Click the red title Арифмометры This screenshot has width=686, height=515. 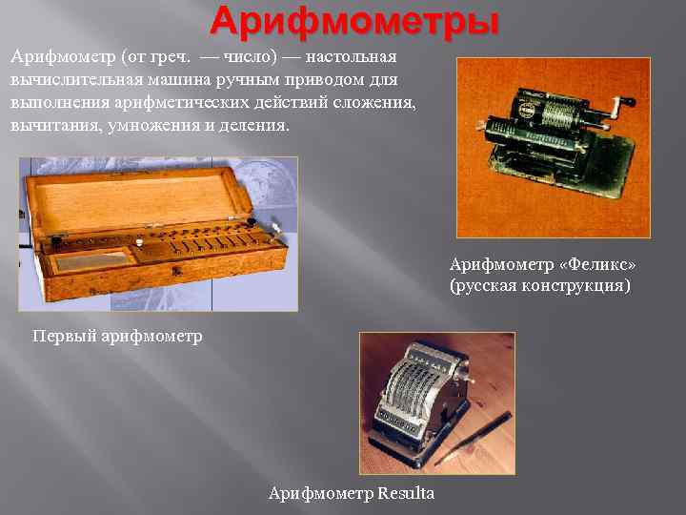(x=354, y=21)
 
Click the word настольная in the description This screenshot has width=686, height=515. (x=351, y=57)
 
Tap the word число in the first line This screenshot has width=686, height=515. (x=248, y=57)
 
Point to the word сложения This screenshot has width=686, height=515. (x=374, y=102)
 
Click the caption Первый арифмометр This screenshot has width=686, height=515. (x=118, y=336)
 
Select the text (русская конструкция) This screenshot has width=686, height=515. (x=540, y=285)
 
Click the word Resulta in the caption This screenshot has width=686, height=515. (x=406, y=493)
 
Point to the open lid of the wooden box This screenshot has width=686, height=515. (x=138, y=199)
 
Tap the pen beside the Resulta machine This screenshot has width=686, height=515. (x=474, y=438)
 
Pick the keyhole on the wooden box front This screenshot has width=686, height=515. (x=177, y=271)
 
